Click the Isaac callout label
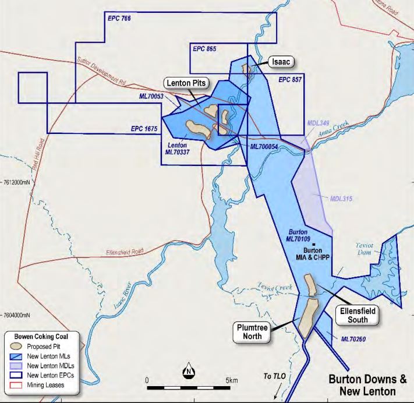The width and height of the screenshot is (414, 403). tap(279, 61)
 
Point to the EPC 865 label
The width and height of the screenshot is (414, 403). tap(204, 49)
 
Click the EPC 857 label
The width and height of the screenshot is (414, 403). tap(291, 79)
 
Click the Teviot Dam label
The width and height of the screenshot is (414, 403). tap(368, 249)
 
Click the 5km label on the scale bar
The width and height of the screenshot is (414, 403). tap(231, 380)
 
